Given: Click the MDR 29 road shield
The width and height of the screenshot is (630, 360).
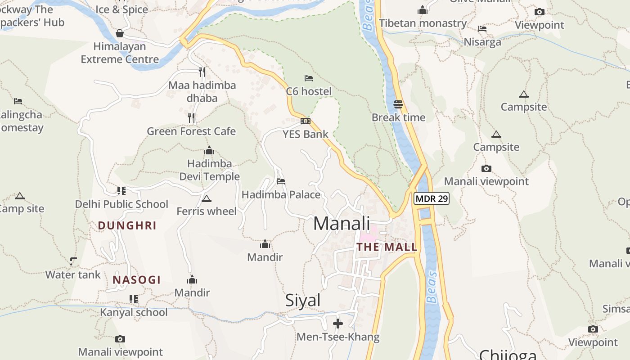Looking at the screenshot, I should pyautogui.click(x=432, y=198).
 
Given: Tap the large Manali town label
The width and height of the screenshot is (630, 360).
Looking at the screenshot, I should pyautogui.click(x=342, y=224).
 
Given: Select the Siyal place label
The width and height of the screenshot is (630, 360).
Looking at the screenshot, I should pyautogui.click(x=303, y=301).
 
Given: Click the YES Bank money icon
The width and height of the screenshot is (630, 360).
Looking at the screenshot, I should pyautogui.click(x=306, y=121).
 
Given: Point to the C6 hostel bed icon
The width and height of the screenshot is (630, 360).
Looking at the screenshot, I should pyautogui.click(x=309, y=78).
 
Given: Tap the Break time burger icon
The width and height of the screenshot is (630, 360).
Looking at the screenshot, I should pyautogui.click(x=398, y=104).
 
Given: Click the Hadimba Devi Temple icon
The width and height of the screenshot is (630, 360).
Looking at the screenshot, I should pyautogui.click(x=209, y=151).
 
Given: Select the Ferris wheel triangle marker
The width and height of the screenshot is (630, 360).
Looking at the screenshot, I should pyautogui.click(x=207, y=198).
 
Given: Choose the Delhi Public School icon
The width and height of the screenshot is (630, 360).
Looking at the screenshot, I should pyautogui.click(x=121, y=191).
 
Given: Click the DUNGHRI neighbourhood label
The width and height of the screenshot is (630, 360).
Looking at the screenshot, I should pyautogui.click(x=127, y=225).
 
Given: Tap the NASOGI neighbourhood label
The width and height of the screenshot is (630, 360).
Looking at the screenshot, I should pyautogui.click(x=137, y=280).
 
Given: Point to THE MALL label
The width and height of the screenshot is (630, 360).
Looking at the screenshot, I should pyautogui.click(x=387, y=247).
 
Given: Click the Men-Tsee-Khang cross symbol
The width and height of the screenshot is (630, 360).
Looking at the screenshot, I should pyautogui.click(x=338, y=324).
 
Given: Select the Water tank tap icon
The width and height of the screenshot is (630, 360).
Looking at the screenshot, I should pyautogui.click(x=73, y=261).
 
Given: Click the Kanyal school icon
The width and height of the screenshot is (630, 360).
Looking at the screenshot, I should pyautogui.click(x=134, y=299).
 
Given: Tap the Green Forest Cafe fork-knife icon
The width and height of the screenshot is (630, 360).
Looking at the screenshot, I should pyautogui.click(x=192, y=118).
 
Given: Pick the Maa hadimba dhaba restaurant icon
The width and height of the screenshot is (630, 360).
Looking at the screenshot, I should pyautogui.click(x=202, y=72).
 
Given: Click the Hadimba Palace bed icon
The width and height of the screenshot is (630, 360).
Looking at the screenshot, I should pyautogui.click(x=281, y=181).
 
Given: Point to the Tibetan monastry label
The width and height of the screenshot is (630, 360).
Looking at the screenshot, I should pyautogui.click(x=423, y=23).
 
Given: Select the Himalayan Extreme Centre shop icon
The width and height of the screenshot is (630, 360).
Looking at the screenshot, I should pyautogui.click(x=120, y=33).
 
